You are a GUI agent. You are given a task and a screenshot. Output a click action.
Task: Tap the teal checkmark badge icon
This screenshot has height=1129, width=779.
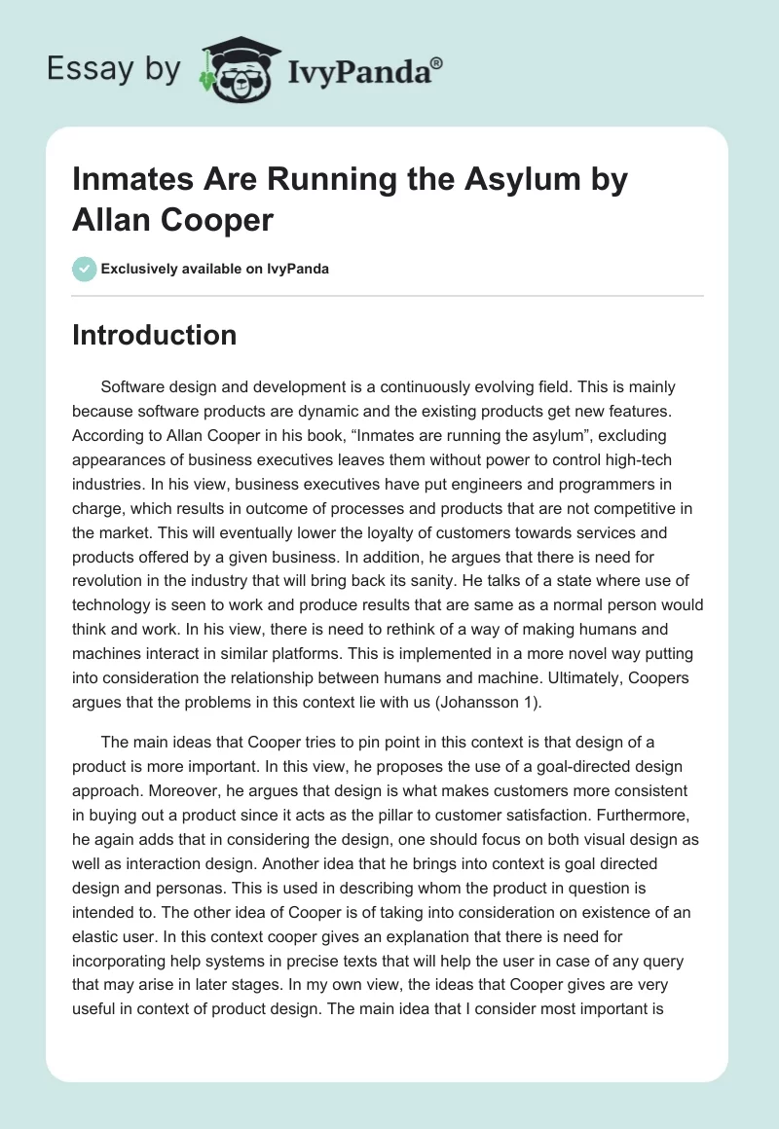tap(85, 269)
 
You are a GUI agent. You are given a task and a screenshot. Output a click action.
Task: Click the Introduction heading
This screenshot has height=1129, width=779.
tap(155, 335)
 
